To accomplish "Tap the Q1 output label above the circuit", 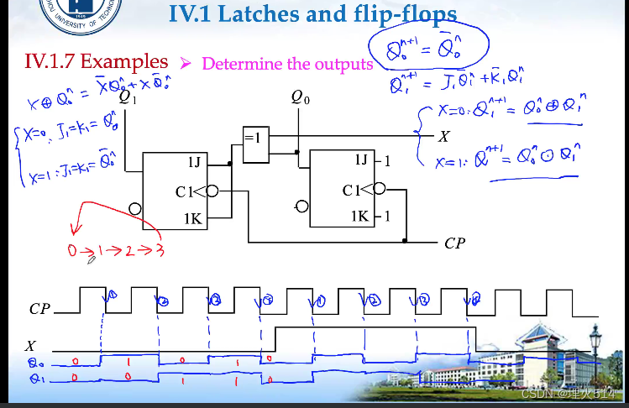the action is click(x=127, y=98).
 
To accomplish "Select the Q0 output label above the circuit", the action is click(x=300, y=98).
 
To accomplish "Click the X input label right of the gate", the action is click(x=444, y=135).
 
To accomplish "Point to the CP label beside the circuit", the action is click(x=454, y=243).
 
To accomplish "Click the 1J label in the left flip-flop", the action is click(x=193, y=160).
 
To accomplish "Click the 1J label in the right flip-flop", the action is click(x=361, y=159).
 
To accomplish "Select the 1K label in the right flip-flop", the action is click(x=360, y=216).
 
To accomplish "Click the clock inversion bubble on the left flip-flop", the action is click(x=212, y=191).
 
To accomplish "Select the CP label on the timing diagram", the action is click(x=40, y=309).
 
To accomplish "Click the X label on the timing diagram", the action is click(x=31, y=345).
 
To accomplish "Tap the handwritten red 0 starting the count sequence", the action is click(x=72, y=251).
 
